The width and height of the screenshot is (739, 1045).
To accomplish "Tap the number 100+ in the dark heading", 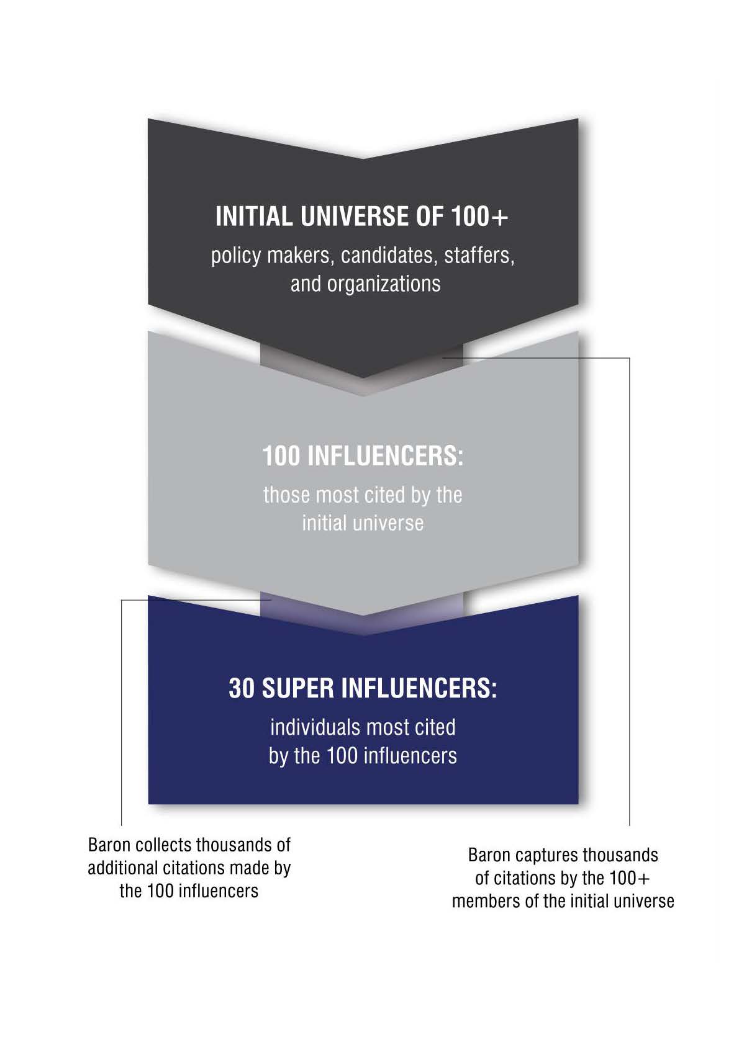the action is tap(479, 217).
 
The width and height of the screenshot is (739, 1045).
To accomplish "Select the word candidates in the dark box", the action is tap(389, 256).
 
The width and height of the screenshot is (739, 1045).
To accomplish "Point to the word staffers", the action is tap(479, 256).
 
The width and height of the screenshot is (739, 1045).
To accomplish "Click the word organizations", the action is tap(383, 285).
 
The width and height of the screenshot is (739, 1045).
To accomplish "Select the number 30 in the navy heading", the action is tap(241, 688).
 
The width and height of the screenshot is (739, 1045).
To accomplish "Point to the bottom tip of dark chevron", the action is tap(363, 378).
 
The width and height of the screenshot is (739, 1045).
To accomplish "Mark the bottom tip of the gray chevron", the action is tap(363, 615).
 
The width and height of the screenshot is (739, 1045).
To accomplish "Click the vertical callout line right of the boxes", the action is tap(629, 591).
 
